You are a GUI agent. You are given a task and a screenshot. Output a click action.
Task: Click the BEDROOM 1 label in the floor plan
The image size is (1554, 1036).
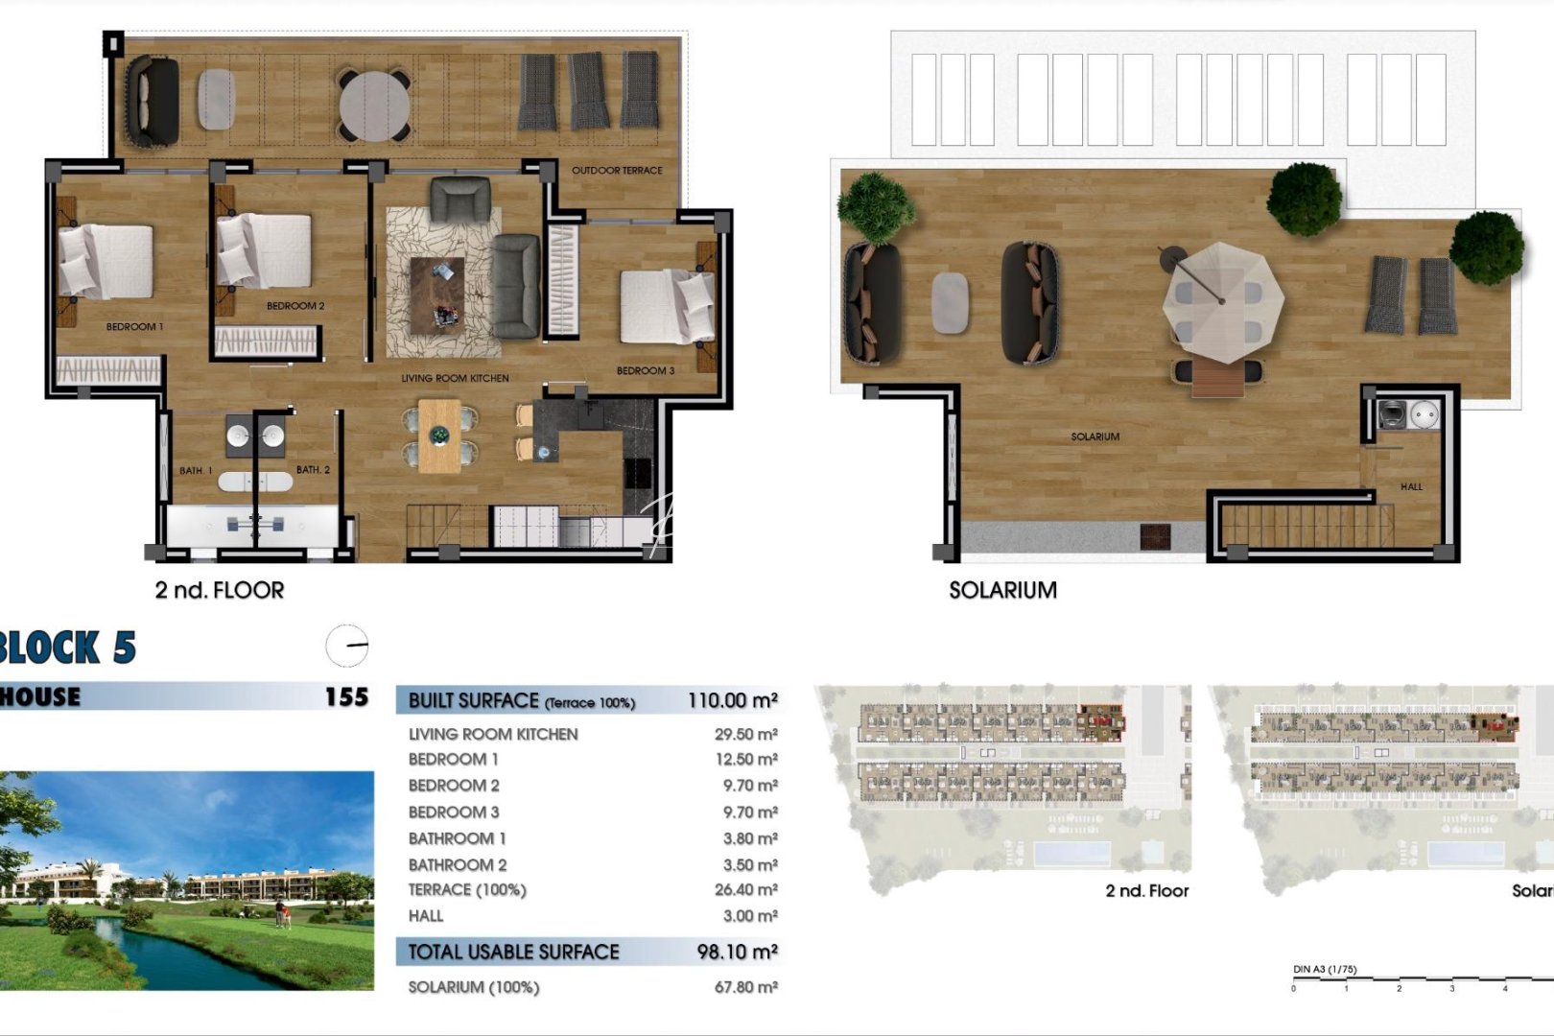134,327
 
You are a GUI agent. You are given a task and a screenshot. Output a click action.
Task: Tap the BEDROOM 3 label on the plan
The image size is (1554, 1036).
645,371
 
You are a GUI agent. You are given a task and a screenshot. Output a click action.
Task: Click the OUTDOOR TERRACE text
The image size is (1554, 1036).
617,171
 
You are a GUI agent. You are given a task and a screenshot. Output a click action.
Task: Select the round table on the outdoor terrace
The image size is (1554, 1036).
374,106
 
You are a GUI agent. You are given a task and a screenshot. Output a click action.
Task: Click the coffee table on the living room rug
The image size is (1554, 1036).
437,294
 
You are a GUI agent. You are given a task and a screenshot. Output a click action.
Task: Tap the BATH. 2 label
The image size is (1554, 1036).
313,470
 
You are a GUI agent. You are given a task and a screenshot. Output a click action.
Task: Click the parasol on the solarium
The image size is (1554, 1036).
1222,301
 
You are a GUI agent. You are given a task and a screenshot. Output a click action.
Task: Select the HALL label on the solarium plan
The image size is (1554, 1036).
1411,487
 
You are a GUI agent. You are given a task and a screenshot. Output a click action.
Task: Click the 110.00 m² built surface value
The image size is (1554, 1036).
732,701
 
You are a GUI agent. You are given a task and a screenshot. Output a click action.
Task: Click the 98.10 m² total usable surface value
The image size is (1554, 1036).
737,953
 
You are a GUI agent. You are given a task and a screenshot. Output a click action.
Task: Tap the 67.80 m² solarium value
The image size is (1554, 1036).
745,987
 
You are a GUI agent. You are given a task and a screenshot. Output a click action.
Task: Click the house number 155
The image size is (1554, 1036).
346,697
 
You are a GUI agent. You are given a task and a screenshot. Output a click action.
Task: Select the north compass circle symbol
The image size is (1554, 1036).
346,646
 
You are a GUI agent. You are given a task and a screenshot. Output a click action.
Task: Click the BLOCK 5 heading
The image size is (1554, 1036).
67,648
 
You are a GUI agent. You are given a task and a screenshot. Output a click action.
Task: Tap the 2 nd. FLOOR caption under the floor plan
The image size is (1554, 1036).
220,591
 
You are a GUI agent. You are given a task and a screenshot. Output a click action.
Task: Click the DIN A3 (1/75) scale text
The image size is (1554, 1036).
1325,970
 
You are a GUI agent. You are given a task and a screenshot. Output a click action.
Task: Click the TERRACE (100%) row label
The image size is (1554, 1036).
467,890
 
